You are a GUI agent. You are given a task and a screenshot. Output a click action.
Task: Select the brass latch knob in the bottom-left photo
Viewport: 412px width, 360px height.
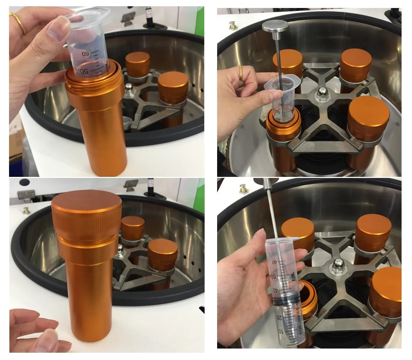[x=26, y=210]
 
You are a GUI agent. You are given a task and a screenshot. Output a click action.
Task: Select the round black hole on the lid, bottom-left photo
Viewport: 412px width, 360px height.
[x=25, y=182]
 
